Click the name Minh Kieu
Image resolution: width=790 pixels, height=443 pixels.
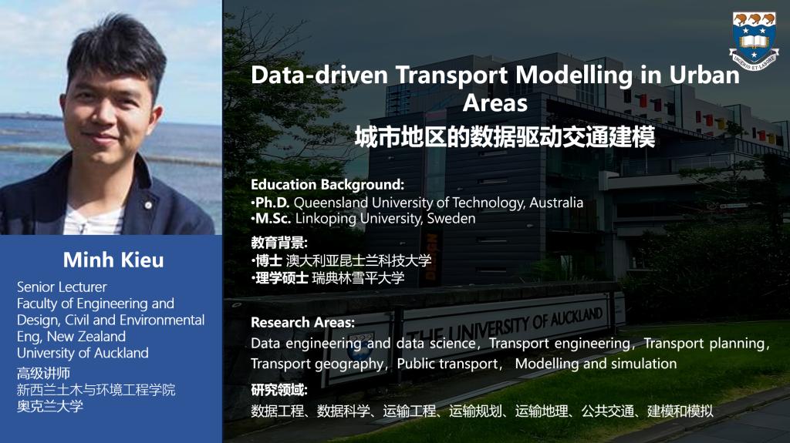pos(113,260)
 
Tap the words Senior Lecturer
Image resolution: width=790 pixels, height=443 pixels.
pos(62,287)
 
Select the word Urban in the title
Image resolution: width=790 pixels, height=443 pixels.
pos(704,75)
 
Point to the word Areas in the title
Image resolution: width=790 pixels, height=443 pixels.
pos(495,102)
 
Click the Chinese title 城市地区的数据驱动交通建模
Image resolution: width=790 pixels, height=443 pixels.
pos(505,137)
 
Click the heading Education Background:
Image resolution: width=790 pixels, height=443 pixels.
pos(327,184)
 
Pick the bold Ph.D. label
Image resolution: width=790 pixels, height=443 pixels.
pos(272,203)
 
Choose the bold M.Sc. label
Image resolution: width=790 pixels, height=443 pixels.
pos(272,219)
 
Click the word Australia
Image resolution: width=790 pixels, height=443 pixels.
pos(556,203)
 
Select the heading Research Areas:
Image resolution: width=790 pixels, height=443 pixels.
pos(302,322)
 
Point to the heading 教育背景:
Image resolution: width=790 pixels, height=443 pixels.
pos(279,243)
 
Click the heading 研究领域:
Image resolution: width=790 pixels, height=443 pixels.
pos(279,390)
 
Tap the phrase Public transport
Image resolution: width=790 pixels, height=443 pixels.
pos(447,364)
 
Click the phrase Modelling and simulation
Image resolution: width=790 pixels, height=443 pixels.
pos(596,364)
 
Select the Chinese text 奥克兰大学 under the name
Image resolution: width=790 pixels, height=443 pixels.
pos(50,406)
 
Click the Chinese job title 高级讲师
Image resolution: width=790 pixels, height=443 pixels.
pos(43,373)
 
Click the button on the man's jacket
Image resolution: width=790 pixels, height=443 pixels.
pos(148,205)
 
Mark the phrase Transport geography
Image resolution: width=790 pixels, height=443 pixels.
pos(317,364)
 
